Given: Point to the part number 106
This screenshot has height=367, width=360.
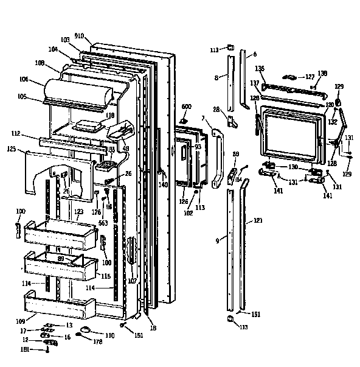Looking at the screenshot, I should tap(41, 79).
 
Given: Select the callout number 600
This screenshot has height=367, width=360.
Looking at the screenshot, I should tap(187, 107).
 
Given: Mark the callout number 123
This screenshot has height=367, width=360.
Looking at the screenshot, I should tap(78, 212).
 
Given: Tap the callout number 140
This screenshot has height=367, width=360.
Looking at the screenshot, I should tap(162, 184).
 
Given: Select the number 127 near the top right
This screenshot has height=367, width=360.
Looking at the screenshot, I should tap(310, 77).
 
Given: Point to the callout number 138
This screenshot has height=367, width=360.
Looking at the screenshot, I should tap(322, 73).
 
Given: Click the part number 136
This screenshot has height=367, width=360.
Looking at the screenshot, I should tap(259, 68).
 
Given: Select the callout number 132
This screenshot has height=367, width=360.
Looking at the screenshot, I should tap(333, 122).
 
